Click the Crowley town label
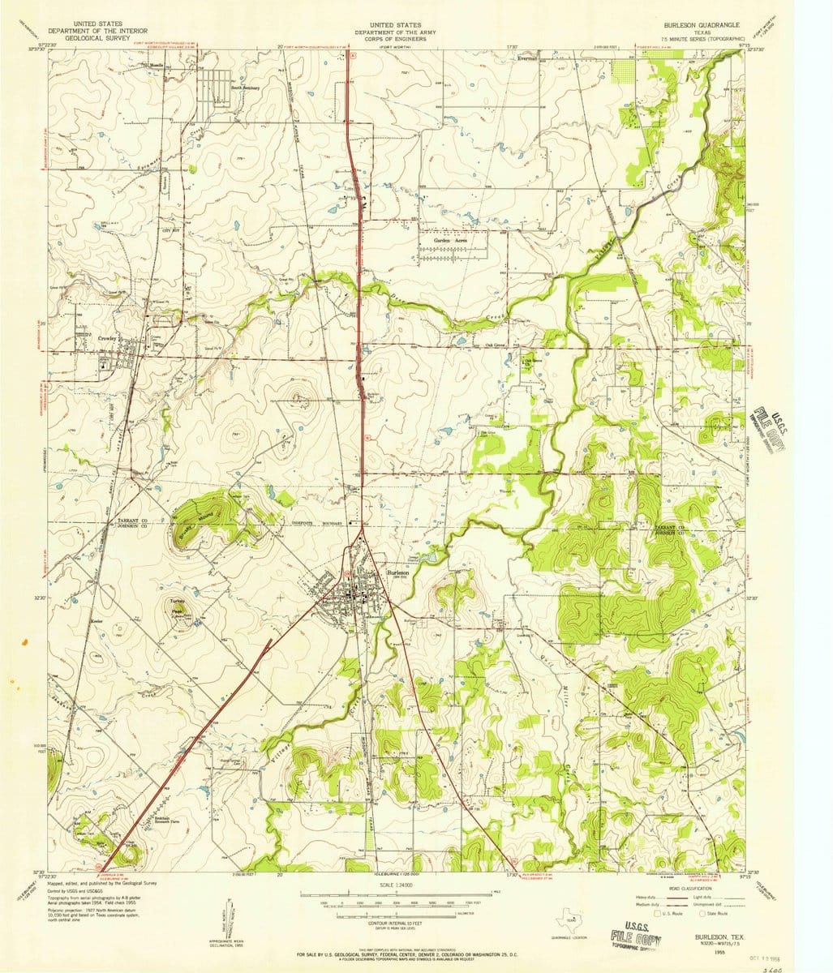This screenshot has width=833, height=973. point(107,338)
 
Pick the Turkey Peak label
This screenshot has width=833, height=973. point(178,607)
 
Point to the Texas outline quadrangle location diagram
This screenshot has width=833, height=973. point(571,919)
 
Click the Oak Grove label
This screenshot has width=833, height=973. point(492,344)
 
